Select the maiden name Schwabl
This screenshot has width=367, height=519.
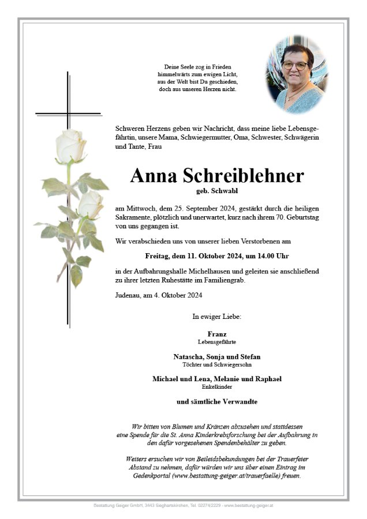tap(223, 190)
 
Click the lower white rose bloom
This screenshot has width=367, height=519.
tap(91, 204)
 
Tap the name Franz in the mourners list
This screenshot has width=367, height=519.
tap(216, 334)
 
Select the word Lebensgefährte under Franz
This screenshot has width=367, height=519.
tap(216, 341)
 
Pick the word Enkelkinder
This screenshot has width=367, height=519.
tap(216, 386)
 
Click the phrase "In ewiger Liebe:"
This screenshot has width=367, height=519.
tap(216, 317)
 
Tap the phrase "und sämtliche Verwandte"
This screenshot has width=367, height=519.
tap(216, 401)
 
